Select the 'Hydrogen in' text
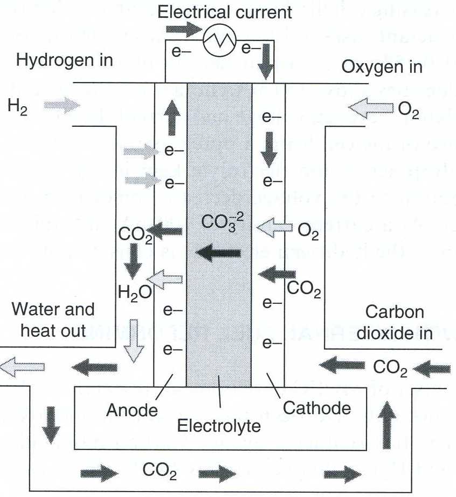click(x=65, y=59)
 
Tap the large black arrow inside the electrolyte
click(x=218, y=252)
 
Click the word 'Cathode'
click(x=317, y=407)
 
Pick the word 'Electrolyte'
click(x=219, y=426)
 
